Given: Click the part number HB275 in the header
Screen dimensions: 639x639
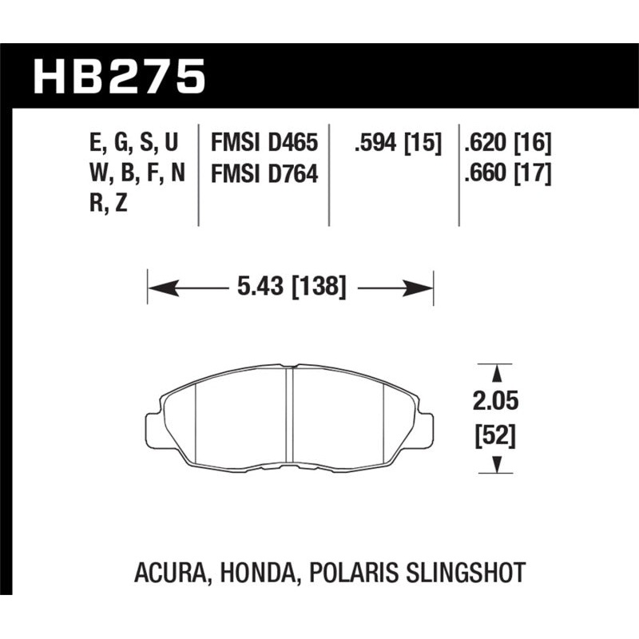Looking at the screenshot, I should (119, 78).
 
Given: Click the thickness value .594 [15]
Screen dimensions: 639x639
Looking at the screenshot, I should (394, 145).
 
